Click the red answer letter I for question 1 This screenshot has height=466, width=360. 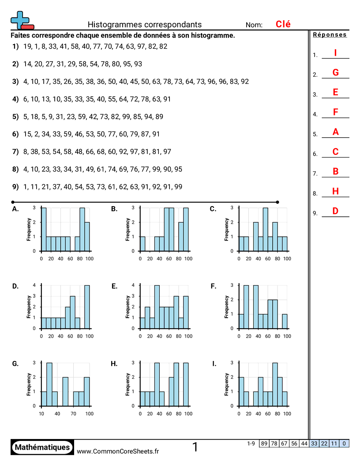pos(335,53)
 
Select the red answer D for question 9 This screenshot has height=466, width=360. pos(335,211)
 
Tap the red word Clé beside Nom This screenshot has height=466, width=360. pos(283,24)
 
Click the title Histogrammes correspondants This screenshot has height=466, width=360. pos(145,25)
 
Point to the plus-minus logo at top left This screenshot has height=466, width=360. pos(21,20)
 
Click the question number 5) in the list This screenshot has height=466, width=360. pos(15,116)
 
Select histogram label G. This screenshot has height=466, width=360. pos(15,364)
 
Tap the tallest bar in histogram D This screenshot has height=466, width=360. pos(87,307)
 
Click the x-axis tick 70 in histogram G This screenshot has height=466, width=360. pos(73,413)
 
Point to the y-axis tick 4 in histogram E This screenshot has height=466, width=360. pos(133,285)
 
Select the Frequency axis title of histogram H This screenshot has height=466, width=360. pos(127,384)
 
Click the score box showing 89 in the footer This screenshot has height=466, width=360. pos(264,443)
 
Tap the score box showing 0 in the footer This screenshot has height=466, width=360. pos(344,443)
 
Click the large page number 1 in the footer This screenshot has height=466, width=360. pos(195,447)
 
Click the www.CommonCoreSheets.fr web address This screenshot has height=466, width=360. pos(118,451)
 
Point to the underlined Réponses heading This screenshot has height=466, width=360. pos(330,35)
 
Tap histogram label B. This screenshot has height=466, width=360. pos(114,209)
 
